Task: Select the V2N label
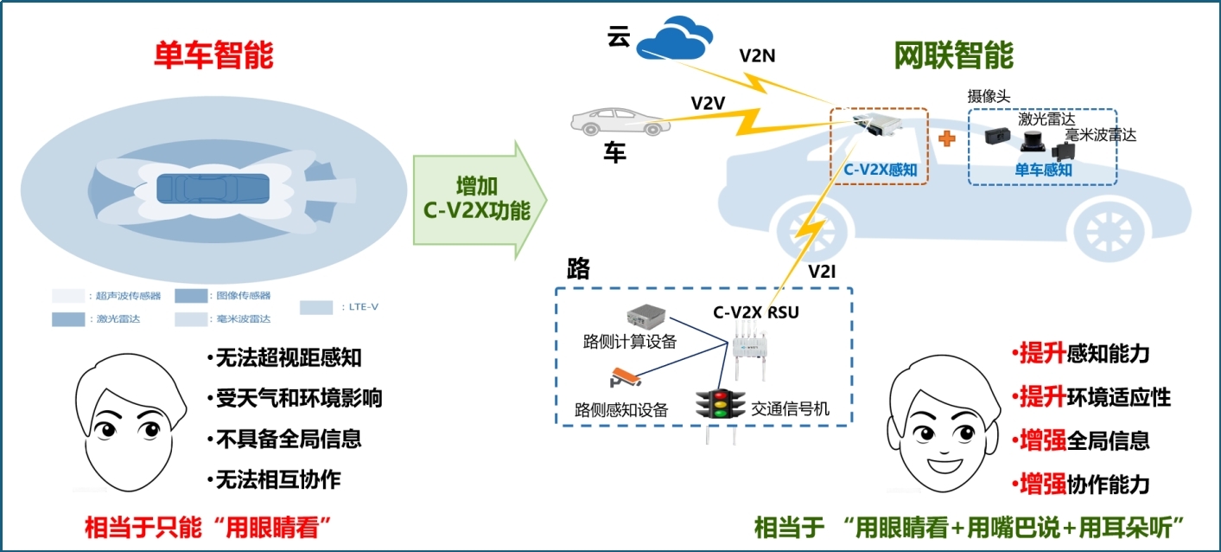click(757, 56)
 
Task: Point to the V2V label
click(708, 102)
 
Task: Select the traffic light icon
click(720, 404)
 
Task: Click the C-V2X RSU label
click(755, 312)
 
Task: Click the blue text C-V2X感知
click(880, 170)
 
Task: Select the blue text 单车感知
click(1043, 170)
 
